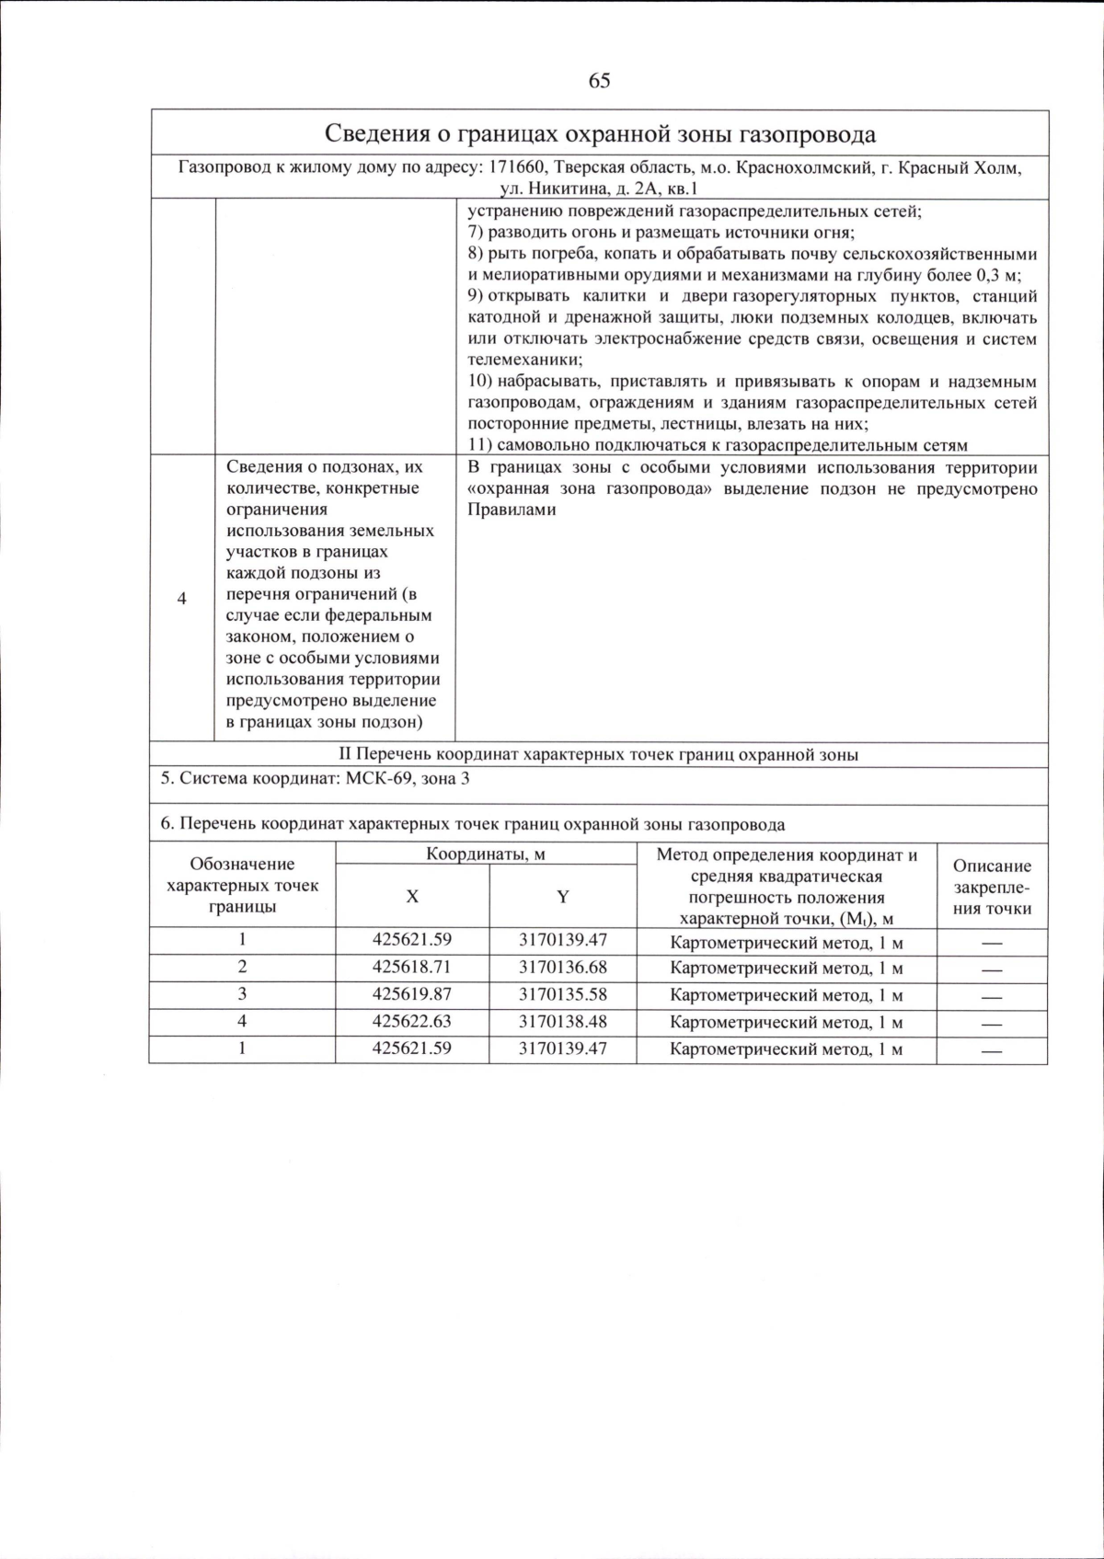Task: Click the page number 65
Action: coord(599,81)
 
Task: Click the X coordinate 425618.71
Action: coord(412,967)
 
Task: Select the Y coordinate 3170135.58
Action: coord(562,994)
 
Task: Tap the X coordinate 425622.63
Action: coord(412,1021)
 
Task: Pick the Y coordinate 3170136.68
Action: coord(562,967)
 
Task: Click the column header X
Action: coord(412,897)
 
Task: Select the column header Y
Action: coord(562,897)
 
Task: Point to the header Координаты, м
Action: coord(485,854)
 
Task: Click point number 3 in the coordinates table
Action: coord(242,994)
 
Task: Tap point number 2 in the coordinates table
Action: coord(242,967)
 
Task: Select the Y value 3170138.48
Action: coord(562,1021)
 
